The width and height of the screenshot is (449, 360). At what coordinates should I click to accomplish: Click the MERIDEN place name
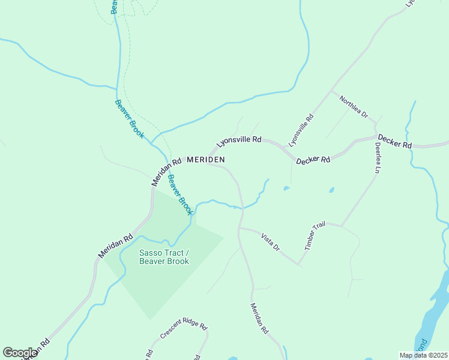tap(206, 160)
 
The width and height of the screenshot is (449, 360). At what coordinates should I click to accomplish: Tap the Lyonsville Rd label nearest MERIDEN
tap(239, 142)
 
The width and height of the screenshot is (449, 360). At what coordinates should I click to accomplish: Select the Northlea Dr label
tap(353, 106)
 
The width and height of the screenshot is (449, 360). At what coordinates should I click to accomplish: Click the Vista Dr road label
tap(270, 242)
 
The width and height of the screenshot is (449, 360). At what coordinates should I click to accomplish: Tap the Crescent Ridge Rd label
tap(183, 332)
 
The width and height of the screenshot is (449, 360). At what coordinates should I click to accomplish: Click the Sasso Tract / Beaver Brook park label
tap(164, 257)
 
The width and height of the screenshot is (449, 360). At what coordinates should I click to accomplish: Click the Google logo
tap(20, 353)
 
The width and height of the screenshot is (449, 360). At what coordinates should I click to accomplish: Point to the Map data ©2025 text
tap(423, 355)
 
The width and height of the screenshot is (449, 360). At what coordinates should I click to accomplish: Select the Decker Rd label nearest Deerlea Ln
tap(394, 145)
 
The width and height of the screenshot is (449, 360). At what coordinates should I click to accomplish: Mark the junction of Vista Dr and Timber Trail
tap(299, 264)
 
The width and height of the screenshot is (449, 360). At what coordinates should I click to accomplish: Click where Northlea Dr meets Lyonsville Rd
tap(332, 92)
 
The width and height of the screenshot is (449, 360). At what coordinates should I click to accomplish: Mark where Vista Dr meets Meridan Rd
tap(240, 228)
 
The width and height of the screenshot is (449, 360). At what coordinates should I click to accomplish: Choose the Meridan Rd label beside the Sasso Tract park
tap(115, 247)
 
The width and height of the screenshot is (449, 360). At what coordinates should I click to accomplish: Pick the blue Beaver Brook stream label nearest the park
tap(180, 194)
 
